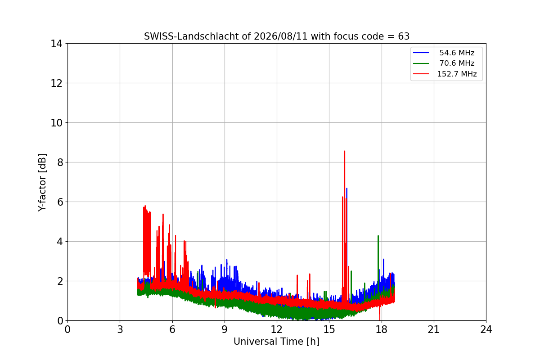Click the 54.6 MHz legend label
(x=457, y=53)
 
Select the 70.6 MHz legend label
(x=457, y=63)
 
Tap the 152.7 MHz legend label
(x=457, y=74)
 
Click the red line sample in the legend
(x=421, y=74)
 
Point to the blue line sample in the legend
(x=421, y=53)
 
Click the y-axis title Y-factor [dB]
(x=42, y=183)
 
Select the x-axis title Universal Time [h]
(x=276, y=342)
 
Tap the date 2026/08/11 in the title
(x=281, y=36)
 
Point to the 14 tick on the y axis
(x=56, y=44)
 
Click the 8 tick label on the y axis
(x=60, y=162)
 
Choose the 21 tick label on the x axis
(x=434, y=329)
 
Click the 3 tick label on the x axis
(x=120, y=329)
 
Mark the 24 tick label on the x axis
(x=486, y=329)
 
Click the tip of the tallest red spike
(x=345, y=151)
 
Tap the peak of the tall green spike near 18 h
(x=378, y=236)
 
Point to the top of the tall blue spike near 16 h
(x=347, y=188)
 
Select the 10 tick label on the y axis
(x=56, y=123)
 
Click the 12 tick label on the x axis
(x=276, y=329)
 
